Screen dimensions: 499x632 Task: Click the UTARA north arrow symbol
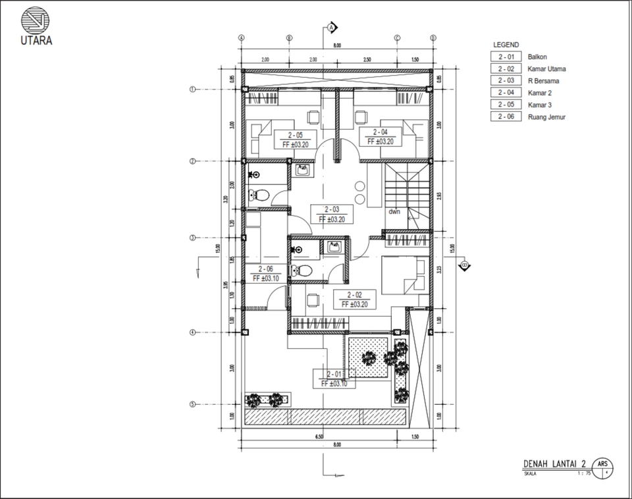point(34,20)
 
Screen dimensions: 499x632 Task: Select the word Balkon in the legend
point(537,57)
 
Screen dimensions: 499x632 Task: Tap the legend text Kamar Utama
point(546,69)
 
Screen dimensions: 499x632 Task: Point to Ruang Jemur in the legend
point(546,117)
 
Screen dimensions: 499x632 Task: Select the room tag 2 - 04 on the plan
point(381,132)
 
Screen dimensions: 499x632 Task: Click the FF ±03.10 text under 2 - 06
point(265,278)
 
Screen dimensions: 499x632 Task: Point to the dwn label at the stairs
point(394,212)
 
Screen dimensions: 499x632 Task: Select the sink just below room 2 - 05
point(302,171)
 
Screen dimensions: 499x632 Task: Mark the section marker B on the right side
point(465,266)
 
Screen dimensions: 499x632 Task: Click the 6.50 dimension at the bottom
point(319,436)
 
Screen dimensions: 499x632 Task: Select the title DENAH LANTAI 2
point(555,463)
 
